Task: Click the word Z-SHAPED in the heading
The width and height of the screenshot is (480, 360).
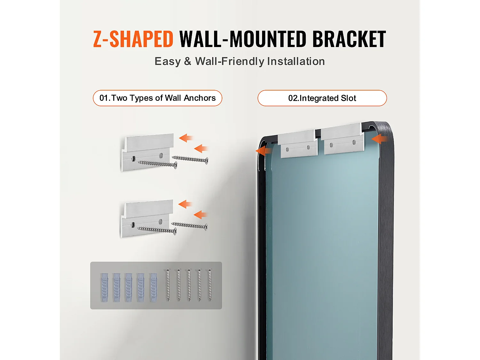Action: (133, 39)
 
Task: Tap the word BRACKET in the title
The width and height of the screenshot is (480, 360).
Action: (349, 39)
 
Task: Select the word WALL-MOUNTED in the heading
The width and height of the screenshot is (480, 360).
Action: (242, 39)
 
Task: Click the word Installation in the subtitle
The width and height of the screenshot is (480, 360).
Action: (296, 61)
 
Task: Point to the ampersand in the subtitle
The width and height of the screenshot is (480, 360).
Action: (188, 61)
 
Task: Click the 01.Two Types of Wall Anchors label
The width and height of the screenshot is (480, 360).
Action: (157, 98)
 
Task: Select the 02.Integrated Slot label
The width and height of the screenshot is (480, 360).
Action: (322, 98)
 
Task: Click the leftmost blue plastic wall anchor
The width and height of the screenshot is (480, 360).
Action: (104, 288)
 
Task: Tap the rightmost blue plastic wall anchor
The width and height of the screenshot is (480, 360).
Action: (154, 288)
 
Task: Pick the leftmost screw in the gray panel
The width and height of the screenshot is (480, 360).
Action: (168, 285)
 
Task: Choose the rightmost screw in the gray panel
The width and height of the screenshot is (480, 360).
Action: (210, 285)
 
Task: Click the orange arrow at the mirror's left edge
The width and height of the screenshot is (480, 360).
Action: (264, 151)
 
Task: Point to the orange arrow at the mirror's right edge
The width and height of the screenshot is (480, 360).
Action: (380, 139)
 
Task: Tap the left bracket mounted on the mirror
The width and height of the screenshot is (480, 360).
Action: (298, 144)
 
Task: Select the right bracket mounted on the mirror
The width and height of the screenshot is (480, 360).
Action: (342, 139)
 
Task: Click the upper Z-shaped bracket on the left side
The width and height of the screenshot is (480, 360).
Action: (148, 152)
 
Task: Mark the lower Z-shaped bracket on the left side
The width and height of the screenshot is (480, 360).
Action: (147, 218)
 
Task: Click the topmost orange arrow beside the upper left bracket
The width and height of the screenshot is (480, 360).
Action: (186, 138)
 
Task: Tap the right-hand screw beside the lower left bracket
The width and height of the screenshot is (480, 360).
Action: (189, 226)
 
